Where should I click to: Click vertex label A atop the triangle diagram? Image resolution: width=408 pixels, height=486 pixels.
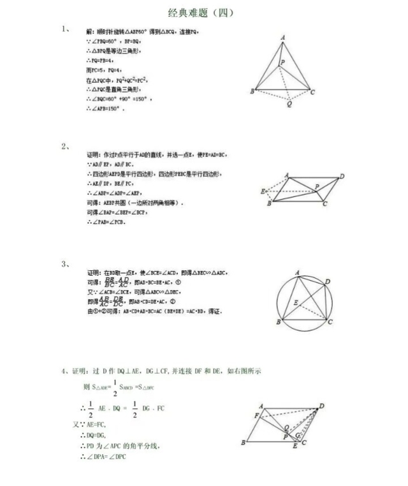[283, 39]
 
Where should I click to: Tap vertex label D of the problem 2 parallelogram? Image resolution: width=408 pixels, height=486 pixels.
[342, 176]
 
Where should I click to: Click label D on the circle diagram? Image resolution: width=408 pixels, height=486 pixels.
[327, 281]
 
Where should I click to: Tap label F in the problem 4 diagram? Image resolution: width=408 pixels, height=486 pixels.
[256, 416]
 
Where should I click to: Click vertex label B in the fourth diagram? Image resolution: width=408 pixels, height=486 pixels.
[244, 442]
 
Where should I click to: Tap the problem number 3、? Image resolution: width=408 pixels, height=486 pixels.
[66, 263]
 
